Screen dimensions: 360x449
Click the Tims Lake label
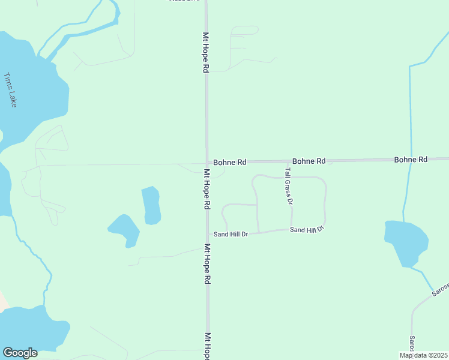[11, 90]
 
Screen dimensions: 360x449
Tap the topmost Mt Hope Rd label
[206, 53]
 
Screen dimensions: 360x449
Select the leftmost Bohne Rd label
[230, 162]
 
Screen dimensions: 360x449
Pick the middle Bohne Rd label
[309, 161]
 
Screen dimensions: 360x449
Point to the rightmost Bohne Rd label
[411, 160]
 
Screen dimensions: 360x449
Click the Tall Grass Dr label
[288, 187]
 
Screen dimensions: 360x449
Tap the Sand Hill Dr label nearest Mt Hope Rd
[231, 234]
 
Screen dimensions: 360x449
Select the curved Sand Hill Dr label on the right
[307, 229]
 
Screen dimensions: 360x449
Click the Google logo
[20, 353]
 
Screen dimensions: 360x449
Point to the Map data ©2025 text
[424, 355]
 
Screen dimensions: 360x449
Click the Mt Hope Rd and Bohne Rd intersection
[207, 163]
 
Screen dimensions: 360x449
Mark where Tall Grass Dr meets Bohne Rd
[285, 161]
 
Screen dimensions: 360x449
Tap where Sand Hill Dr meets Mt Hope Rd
[208, 235]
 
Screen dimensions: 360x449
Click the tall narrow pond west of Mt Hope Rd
[151, 205]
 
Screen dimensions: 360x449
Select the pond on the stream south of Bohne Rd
[406, 242]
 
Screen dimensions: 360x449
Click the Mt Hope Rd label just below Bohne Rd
[206, 188]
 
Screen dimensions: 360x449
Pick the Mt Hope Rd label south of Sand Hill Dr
[207, 263]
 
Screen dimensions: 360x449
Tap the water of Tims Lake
[33, 90]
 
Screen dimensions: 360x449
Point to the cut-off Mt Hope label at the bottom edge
[208, 346]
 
